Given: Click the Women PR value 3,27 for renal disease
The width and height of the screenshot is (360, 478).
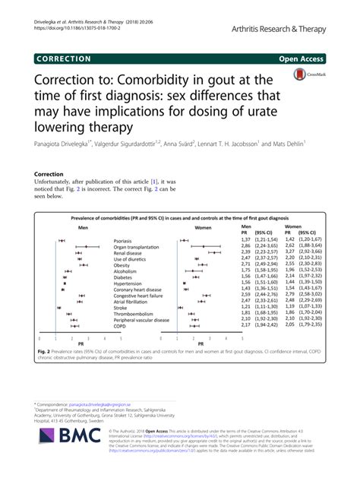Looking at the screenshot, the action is pyautogui.click(x=289, y=254).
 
